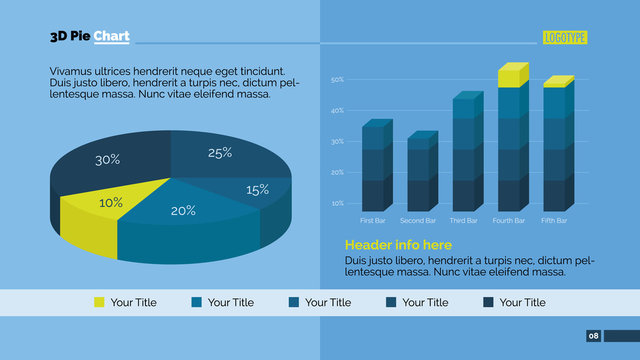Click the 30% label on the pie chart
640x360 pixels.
108,159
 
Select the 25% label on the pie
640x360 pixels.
220,153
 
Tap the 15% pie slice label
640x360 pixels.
257,189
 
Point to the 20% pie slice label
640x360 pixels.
183,211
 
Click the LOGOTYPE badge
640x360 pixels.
565,38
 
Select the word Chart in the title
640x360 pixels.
111,37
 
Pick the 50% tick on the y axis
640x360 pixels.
337,80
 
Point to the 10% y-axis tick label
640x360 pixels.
337,203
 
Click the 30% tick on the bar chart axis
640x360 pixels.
337,142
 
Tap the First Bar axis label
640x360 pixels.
372,220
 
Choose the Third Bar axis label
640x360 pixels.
463,220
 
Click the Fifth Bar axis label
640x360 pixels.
554,220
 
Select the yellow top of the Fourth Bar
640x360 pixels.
510,76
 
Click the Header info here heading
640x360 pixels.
398,245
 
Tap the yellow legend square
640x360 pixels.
99,302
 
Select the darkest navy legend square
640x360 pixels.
488,302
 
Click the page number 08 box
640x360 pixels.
593,335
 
